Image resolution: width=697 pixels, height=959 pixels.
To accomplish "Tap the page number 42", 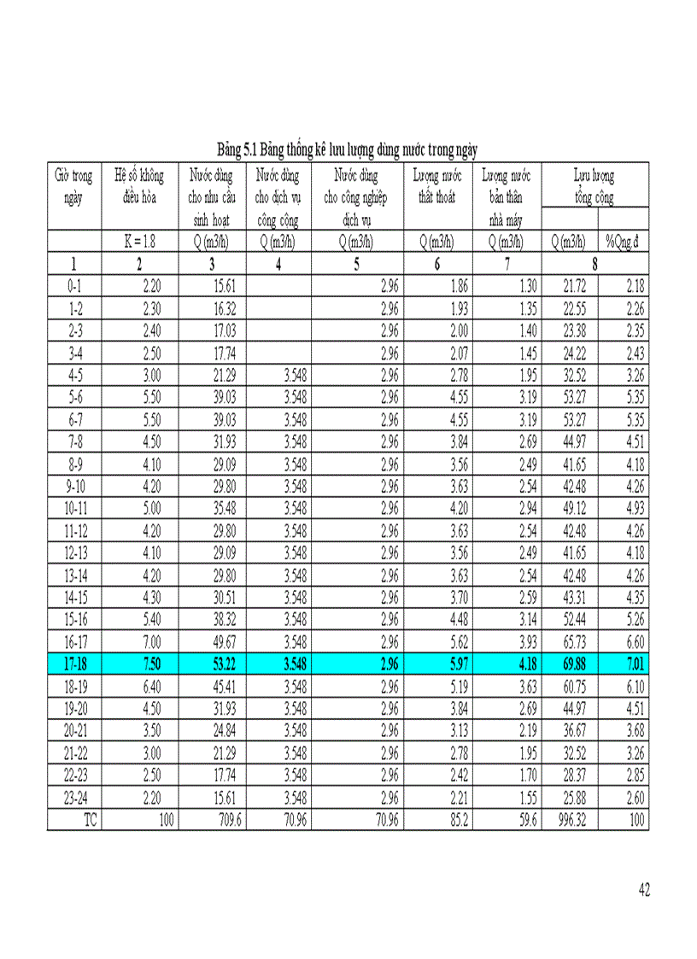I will (644, 891).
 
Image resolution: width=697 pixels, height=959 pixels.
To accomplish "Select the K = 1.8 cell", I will (139, 243).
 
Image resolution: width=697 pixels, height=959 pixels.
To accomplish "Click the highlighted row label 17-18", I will (74, 663).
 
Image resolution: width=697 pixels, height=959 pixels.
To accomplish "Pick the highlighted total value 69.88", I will (570, 663).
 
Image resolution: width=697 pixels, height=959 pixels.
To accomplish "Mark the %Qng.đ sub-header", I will (623, 243).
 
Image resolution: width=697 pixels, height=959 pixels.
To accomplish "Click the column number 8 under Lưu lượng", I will (594, 264).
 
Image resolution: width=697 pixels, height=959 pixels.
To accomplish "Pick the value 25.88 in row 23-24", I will (570, 799).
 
